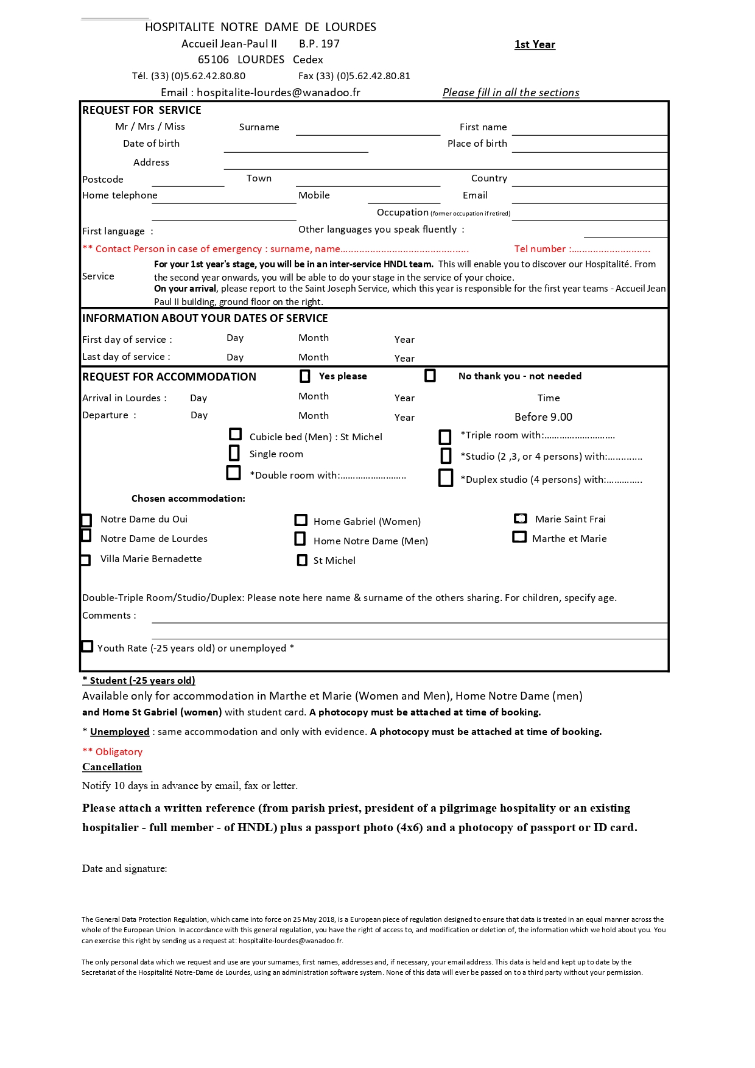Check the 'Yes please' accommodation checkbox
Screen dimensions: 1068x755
click(x=305, y=376)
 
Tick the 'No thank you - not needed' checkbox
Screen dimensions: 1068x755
click(x=430, y=376)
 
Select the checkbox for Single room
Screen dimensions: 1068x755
click(x=234, y=453)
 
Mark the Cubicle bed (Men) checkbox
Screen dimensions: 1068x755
click(x=235, y=434)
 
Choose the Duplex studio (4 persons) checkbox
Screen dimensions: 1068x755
click(x=446, y=478)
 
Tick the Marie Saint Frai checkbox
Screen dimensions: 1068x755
click(x=521, y=519)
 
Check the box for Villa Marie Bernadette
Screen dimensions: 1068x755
click(x=86, y=560)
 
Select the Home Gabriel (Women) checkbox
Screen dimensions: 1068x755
click(x=301, y=520)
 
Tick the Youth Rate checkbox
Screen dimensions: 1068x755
click(x=88, y=647)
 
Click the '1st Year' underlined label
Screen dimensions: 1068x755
click(x=535, y=44)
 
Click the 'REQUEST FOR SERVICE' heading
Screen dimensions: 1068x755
click(x=142, y=110)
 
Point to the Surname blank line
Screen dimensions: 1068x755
click(x=368, y=130)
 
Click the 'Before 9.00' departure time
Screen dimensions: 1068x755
click(x=543, y=417)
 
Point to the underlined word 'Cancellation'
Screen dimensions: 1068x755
click(x=112, y=767)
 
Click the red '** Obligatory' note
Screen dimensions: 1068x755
click(x=113, y=752)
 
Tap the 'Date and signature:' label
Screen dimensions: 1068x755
click(x=125, y=869)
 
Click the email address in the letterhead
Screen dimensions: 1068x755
click(x=278, y=93)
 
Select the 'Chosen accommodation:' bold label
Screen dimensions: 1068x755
click(x=188, y=499)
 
